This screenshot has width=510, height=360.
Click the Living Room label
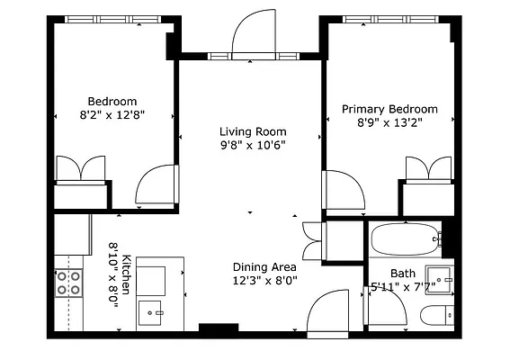(x=253, y=131)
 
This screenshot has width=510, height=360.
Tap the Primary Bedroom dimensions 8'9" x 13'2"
(x=389, y=122)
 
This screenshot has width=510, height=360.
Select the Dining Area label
(x=264, y=267)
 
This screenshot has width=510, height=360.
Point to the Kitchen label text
(x=126, y=274)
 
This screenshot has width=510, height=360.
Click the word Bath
(x=403, y=273)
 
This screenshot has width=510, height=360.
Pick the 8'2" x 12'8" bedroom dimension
(x=112, y=115)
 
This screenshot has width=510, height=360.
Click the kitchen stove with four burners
(x=68, y=283)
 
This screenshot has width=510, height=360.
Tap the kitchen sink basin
(x=149, y=313)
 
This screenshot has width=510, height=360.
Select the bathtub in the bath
(x=407, y=239)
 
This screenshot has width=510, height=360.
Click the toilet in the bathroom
(x=437, y=315)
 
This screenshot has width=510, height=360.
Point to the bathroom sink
(x=439, y=280)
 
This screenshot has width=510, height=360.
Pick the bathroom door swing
(x=386, y=305)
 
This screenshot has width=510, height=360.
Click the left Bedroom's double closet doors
(x=81, y=168)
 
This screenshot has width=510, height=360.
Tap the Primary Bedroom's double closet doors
(x=429, y=169)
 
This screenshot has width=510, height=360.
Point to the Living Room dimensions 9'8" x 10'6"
(x=253, y=145)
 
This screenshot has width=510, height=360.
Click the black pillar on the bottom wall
(x=219, y=328)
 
